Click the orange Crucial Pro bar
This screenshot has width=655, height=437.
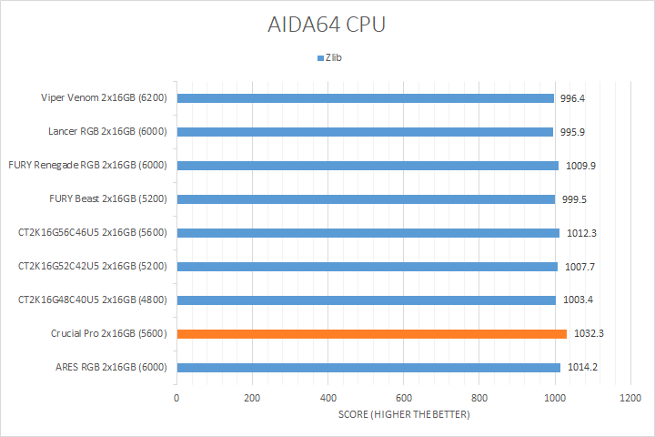pos(371,334)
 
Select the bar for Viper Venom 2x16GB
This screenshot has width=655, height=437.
pos(365,98)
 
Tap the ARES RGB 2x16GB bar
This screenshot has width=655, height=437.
pos(368,368)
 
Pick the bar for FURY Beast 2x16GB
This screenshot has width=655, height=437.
pos(366,199)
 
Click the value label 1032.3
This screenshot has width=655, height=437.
pos(589,334)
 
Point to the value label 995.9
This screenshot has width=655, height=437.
pos(572,132)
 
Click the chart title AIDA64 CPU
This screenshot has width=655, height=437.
pos(327,25)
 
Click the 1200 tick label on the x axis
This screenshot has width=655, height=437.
pos(630,399)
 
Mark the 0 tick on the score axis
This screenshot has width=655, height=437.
pos(176,399)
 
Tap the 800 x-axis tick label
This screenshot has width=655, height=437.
pos(479,399)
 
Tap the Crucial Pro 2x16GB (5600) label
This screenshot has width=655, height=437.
pos(109,334)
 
